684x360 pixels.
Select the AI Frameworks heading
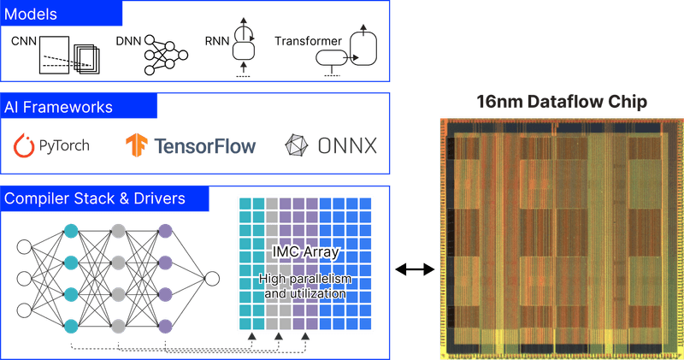(x=59, y=108)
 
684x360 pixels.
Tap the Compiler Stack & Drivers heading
(x=94, y=199)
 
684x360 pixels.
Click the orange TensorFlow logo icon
(x=136, y=145)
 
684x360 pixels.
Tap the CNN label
(x=24, y=40)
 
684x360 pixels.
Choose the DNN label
(x=127, y=40)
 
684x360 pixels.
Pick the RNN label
(x=215, y=40)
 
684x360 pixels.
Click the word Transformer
(x=308, y=40)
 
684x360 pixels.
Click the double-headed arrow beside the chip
(x=415, y=270)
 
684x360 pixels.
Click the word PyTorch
(x=62, y=146)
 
